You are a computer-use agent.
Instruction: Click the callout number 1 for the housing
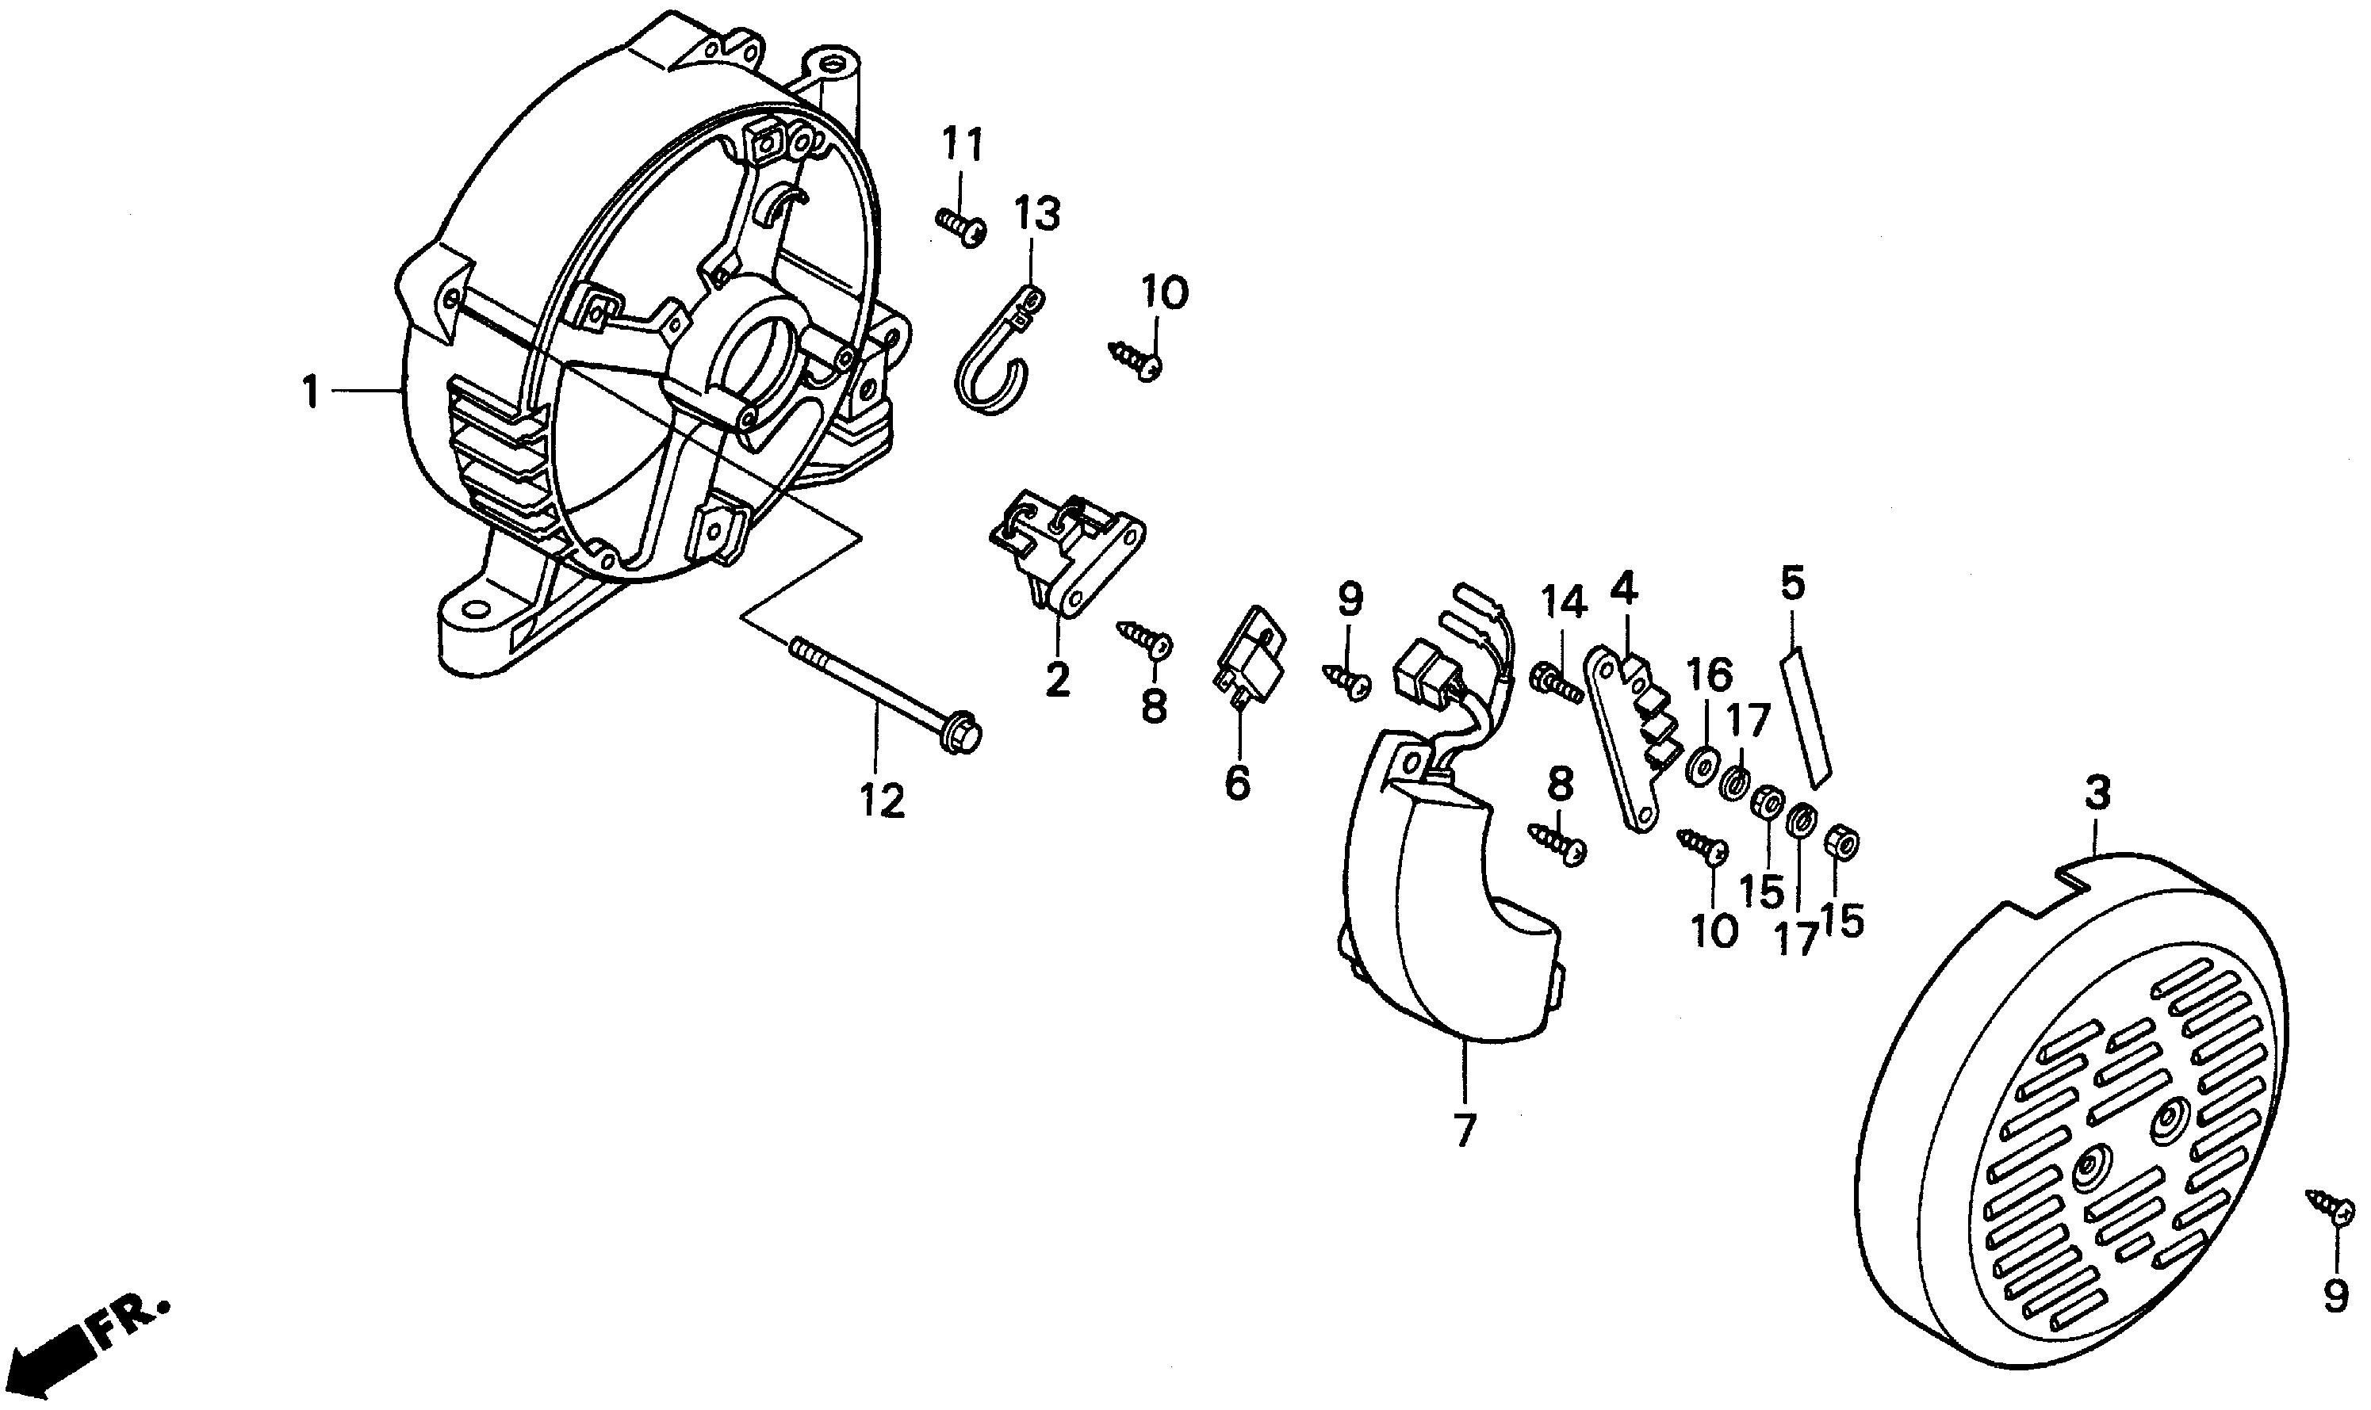(x=310, y=392)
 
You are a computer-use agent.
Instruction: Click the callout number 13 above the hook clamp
(x=1036, y=216)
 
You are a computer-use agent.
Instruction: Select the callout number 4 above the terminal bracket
(x=1623, y=590)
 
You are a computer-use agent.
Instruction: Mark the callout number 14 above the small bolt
(x=1563, y=602)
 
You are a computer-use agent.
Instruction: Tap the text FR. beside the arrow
(x=130, y=1324)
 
